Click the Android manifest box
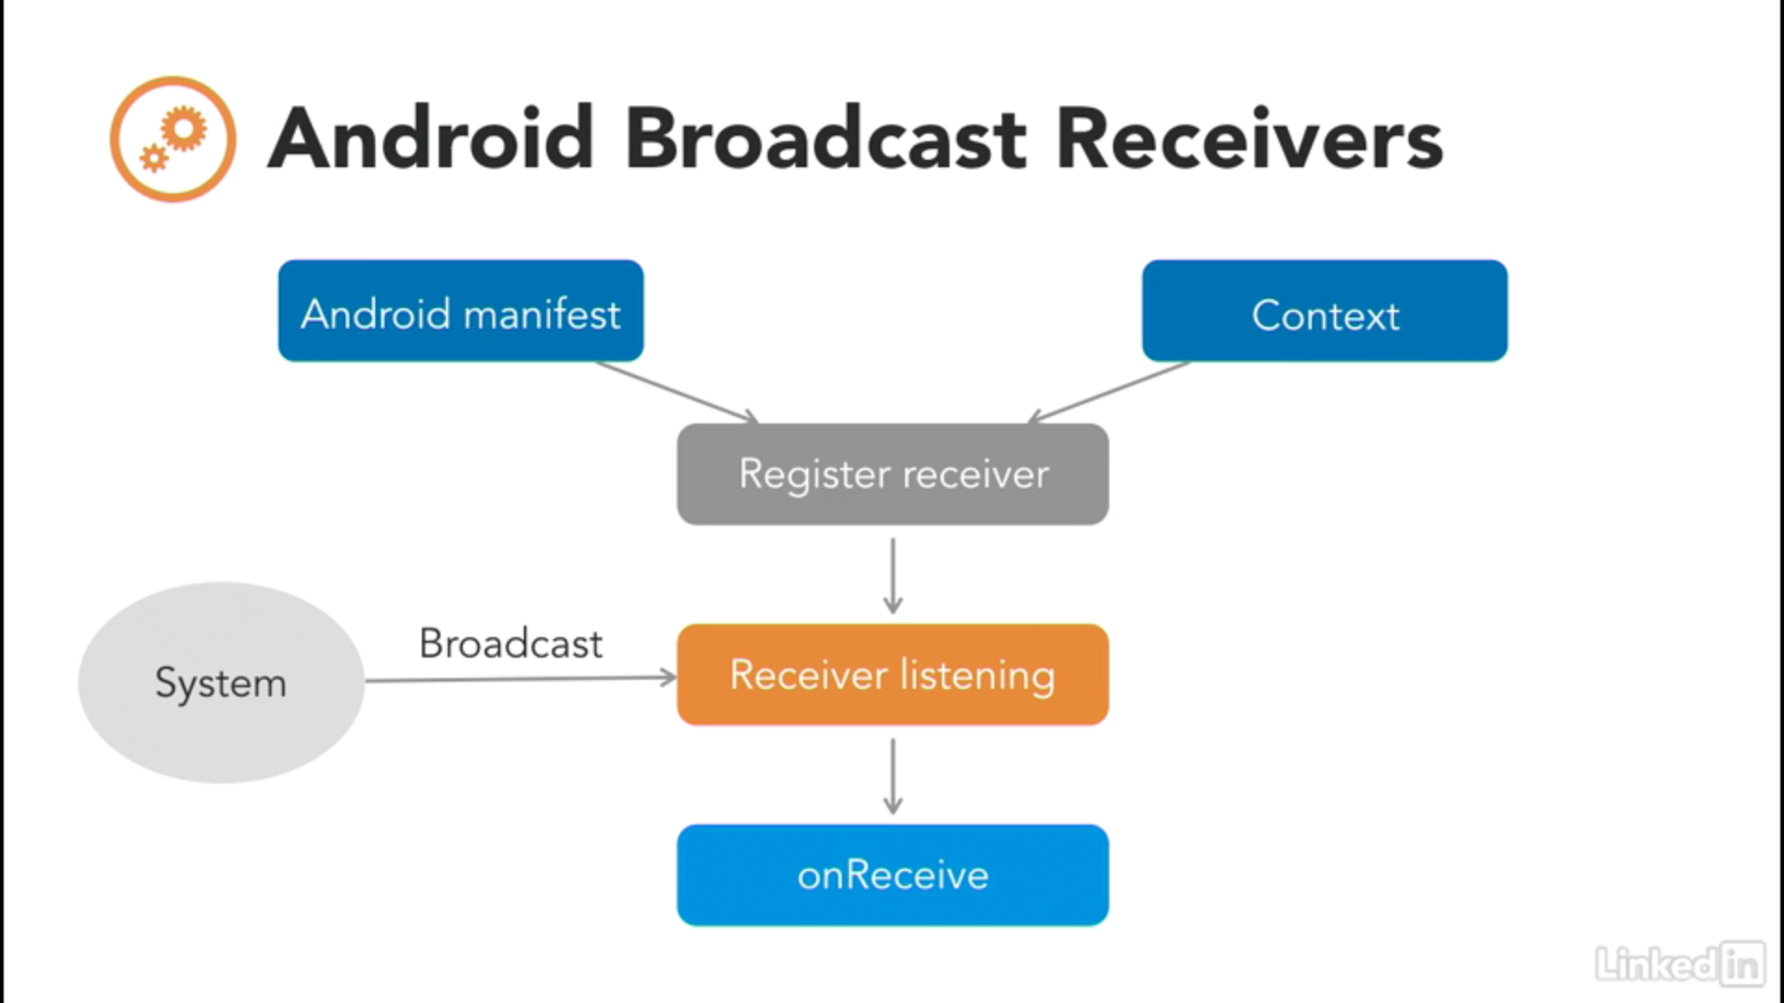click(x=461, y=311)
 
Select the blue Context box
click(x=1325, y=311)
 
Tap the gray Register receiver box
click(x=893, y=475)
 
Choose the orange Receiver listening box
click(x=893, y=675)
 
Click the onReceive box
click(x=893, y=875)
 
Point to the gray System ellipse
click(x=221, y=683)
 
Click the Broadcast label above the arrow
click(x=511, y=644)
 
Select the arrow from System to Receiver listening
click(x=521, y=679)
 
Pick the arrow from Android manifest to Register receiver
click(x=677, y=393)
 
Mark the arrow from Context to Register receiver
click(x=1108, y=393)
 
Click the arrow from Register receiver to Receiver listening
click(x=893, y=576)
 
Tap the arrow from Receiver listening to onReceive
click(x=893, y=776)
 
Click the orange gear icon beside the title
click(x=173, y=139)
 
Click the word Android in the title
click(x=431, y=138)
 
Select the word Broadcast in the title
click(x=826, y=138)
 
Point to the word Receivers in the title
click(x=1250, y=138)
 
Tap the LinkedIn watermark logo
click(x=1680, y=963)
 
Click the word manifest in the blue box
click(x=542, y=314)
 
